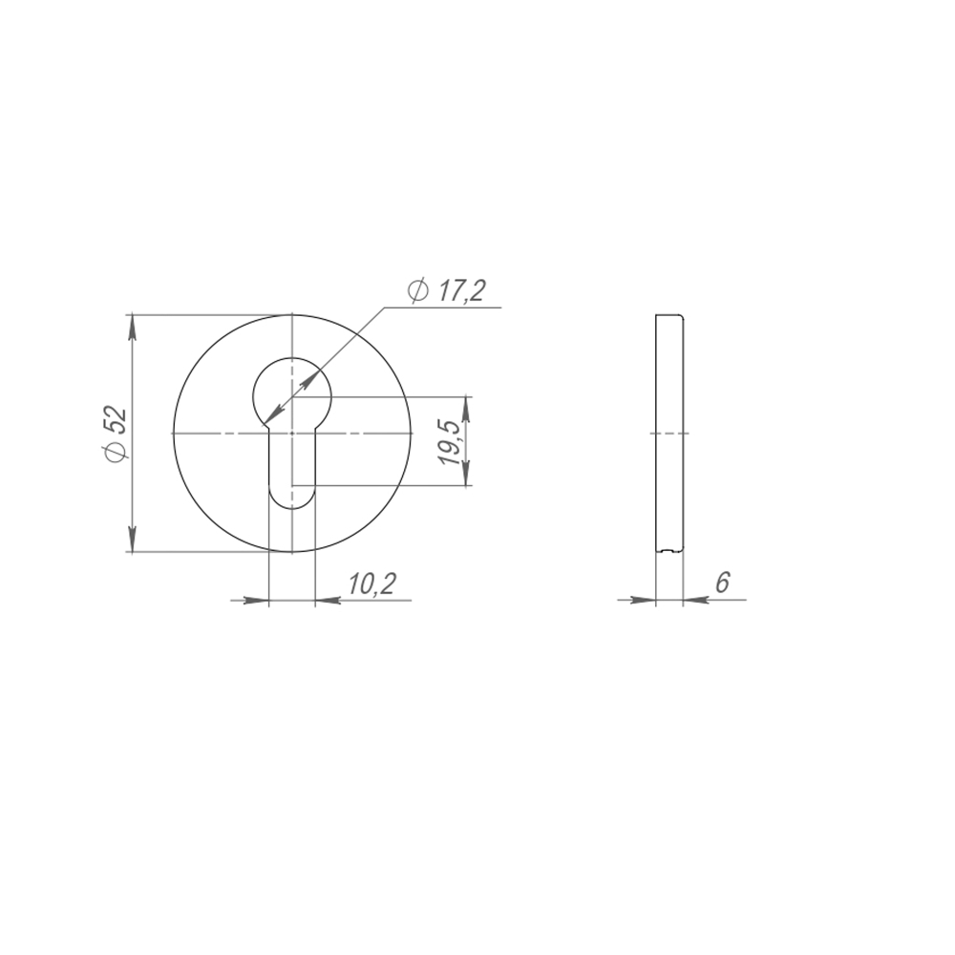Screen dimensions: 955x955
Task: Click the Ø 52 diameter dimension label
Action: [114, 435]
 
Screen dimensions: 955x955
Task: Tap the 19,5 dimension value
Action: [450, 442]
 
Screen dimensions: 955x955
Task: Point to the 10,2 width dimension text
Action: [371, 584]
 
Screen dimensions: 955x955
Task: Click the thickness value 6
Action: [722, 583]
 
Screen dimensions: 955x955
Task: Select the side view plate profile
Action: [670, 434]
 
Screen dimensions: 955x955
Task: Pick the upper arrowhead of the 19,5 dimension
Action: [466, 407]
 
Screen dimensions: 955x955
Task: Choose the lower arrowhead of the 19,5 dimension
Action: [466, 477]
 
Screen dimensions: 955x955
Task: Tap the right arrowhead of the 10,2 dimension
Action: [326, 601]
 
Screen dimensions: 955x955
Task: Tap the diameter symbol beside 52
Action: [114, 454]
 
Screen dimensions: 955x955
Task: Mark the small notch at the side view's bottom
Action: [668, 551]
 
